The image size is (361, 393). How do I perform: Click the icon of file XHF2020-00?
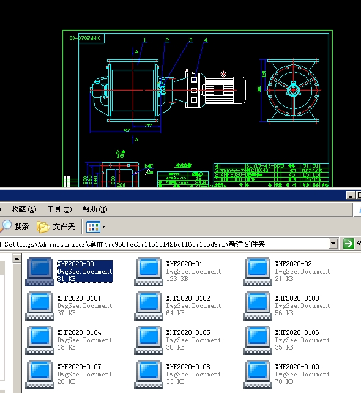(x=40, y=271)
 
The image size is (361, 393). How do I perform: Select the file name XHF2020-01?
(x=184, y=264)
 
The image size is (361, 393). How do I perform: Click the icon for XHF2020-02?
(x=258, y=271)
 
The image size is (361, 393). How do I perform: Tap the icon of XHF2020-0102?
(x=149, y=305)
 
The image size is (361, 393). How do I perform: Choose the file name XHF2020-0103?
(x=297, y=298)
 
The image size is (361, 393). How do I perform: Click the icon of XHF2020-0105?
(x=149, y=339)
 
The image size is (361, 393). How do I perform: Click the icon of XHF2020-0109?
(x=258, y=373)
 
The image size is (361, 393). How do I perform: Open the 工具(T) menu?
(x=59, y=209)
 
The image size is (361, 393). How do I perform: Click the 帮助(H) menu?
(x=94, y=209)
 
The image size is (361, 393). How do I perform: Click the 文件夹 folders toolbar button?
(x=56, y=226)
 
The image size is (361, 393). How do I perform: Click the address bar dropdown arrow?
(x=333, y=244)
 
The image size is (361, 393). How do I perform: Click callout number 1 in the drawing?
(x=145, y=40)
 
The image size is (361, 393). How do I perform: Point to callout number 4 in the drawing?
(x=206, y=40)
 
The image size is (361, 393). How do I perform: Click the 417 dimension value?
(x=127, y=130)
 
